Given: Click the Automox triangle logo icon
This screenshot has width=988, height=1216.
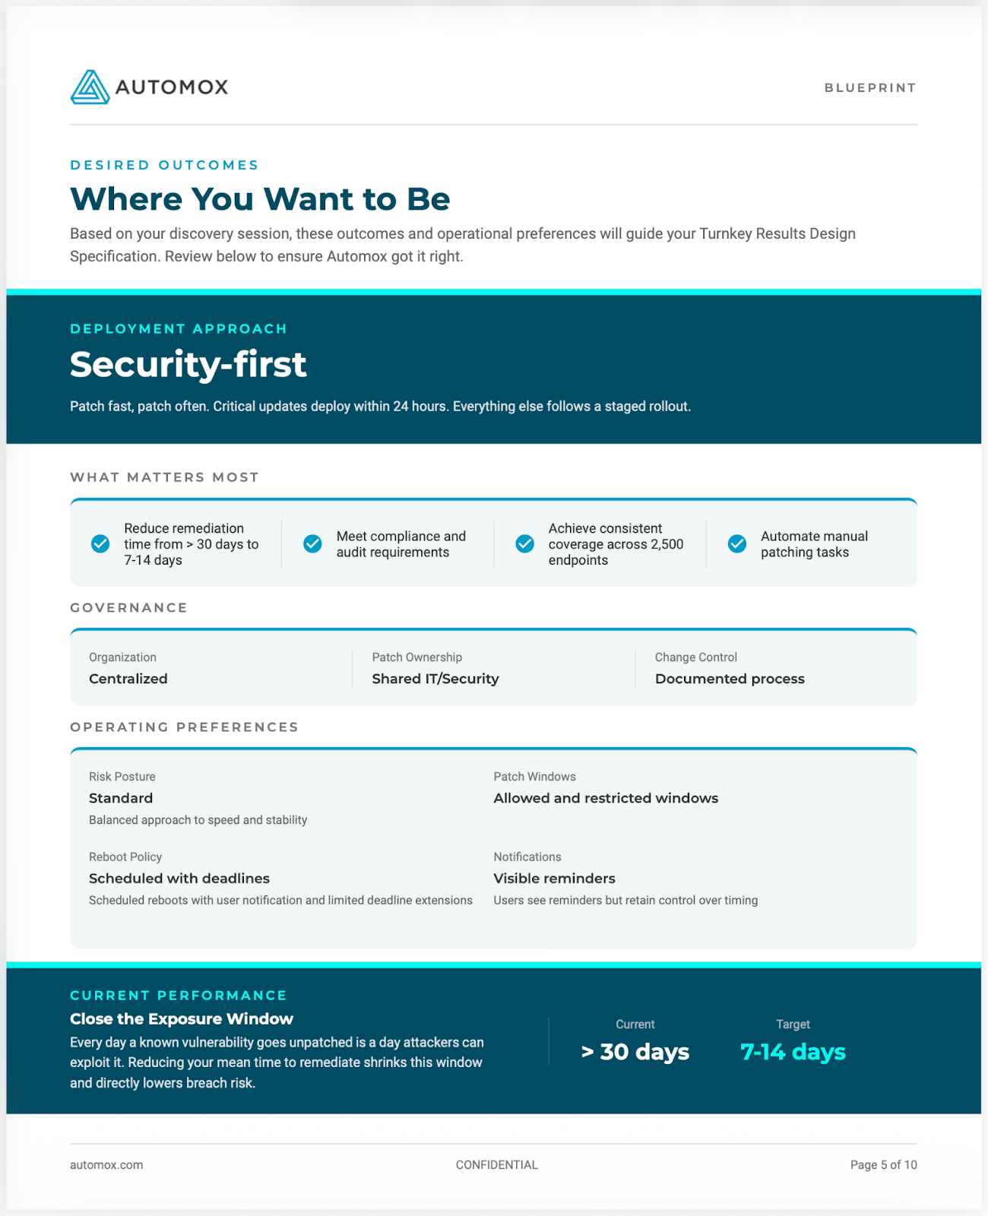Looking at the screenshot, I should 90,87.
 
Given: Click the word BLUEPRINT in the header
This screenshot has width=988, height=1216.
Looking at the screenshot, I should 870,88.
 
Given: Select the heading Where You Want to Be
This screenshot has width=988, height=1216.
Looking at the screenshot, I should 260,199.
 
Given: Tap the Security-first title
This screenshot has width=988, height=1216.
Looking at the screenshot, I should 188,365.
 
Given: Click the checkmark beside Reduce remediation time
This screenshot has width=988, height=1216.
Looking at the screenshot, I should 100,544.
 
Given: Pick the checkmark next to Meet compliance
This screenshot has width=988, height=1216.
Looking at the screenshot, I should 312,544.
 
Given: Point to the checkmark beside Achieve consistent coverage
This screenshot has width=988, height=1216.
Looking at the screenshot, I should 524,544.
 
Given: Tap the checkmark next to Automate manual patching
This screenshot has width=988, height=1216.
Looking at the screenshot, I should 736,544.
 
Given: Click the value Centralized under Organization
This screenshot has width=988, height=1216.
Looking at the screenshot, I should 128,679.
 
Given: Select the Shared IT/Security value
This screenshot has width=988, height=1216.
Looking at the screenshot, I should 435,679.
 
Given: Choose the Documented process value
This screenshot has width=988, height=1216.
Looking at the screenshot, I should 730,679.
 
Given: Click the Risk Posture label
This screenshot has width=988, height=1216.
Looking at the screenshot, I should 122,777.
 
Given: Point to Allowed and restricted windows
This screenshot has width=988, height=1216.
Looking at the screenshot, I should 606,798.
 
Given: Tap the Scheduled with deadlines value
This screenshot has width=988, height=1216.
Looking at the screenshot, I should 179,879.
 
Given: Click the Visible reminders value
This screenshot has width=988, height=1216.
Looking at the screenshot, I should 554,879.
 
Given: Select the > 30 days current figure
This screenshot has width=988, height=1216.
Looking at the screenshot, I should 635,1052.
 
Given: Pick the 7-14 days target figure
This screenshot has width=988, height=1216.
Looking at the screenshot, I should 793,1052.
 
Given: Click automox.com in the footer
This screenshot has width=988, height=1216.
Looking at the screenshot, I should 106,1165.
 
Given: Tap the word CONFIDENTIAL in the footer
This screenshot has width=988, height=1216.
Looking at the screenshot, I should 496,1165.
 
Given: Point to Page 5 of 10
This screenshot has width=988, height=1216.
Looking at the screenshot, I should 883,1165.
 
